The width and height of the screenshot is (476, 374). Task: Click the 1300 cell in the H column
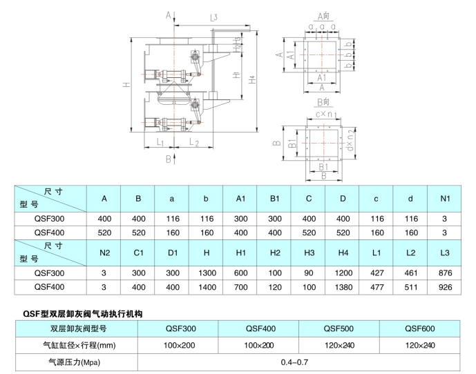[x=206, y=273]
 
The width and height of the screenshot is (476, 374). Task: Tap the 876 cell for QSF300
[x=444, y=273]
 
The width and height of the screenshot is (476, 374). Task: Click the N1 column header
[x=444, y=199]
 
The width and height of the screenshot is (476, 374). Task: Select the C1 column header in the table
[x=138, y=253]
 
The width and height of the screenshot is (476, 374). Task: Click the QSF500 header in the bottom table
[x=339, y=328]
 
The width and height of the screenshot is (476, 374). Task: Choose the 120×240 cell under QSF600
[x=420, y=344]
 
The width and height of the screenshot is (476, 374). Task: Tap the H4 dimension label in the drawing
[x=252, y=80]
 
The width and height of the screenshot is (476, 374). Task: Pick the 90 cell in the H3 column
[x=308, y=273]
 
